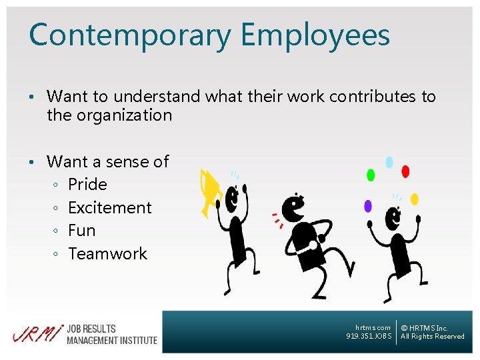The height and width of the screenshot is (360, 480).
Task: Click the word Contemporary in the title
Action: point(123,35)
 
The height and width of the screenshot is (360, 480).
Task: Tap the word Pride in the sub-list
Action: point(87,185)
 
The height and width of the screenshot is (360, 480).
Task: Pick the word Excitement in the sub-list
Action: point(110,207)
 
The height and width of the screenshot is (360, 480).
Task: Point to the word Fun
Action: point(82,231)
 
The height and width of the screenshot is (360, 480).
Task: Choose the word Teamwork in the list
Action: point(107,254)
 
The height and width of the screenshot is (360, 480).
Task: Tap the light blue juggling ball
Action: point(389,162)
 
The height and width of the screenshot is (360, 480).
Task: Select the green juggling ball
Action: point(371,175)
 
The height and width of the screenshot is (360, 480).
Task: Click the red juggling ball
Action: point(405,171)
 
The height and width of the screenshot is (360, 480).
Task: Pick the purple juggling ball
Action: point(367,206)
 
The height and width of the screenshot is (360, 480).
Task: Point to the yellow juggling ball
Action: point(414,199)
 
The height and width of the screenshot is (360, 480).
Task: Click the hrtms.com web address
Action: point(373,327)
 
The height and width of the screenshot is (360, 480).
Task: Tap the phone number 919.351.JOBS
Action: point(369,337)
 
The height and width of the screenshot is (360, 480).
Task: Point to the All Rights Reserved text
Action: point(433,337)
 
